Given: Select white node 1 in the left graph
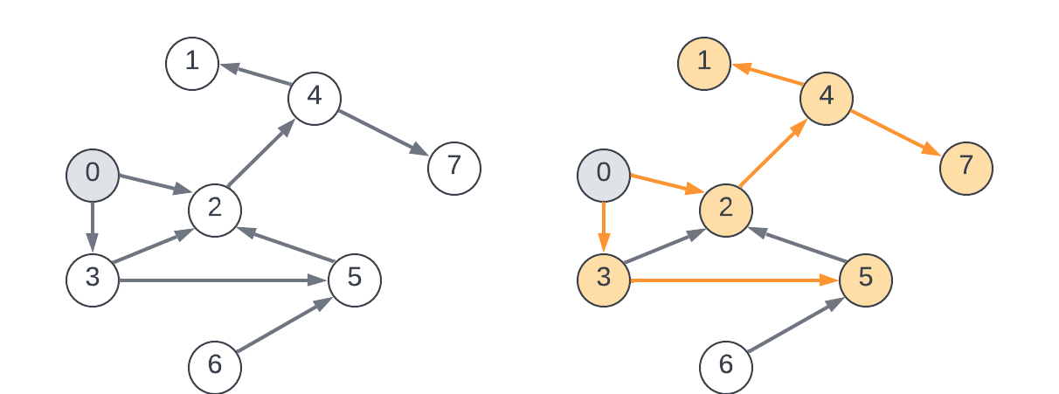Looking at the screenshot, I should point(192,63).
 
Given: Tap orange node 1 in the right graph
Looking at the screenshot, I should point(703,63).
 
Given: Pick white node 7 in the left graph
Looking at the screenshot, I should point(454,167).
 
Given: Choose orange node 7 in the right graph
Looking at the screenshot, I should point(966,167).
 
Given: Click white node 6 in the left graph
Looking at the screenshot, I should point(215,366).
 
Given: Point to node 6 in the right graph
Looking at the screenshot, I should point(726,366).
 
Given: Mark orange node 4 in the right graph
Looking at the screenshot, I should point(826,97).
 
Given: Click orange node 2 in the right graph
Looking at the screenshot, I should point(726,210).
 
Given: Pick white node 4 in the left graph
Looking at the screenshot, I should point(314,97).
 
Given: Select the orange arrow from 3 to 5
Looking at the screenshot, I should point(734,280).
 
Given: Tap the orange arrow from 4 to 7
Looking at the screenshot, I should point(896,132).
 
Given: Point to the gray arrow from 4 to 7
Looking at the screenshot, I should point(384,132).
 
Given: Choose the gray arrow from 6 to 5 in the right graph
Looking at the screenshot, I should point(795,327).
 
